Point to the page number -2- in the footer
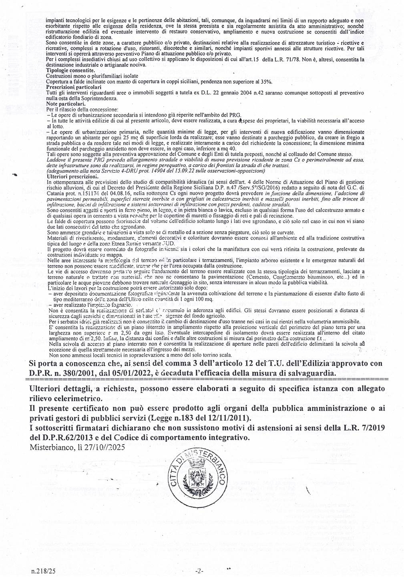[x=199, y=570]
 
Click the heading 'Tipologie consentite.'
[x=70, y=70]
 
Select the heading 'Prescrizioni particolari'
[x=74, y=87]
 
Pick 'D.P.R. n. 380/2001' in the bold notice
[x=60, y=373]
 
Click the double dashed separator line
[x=208, y=379]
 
